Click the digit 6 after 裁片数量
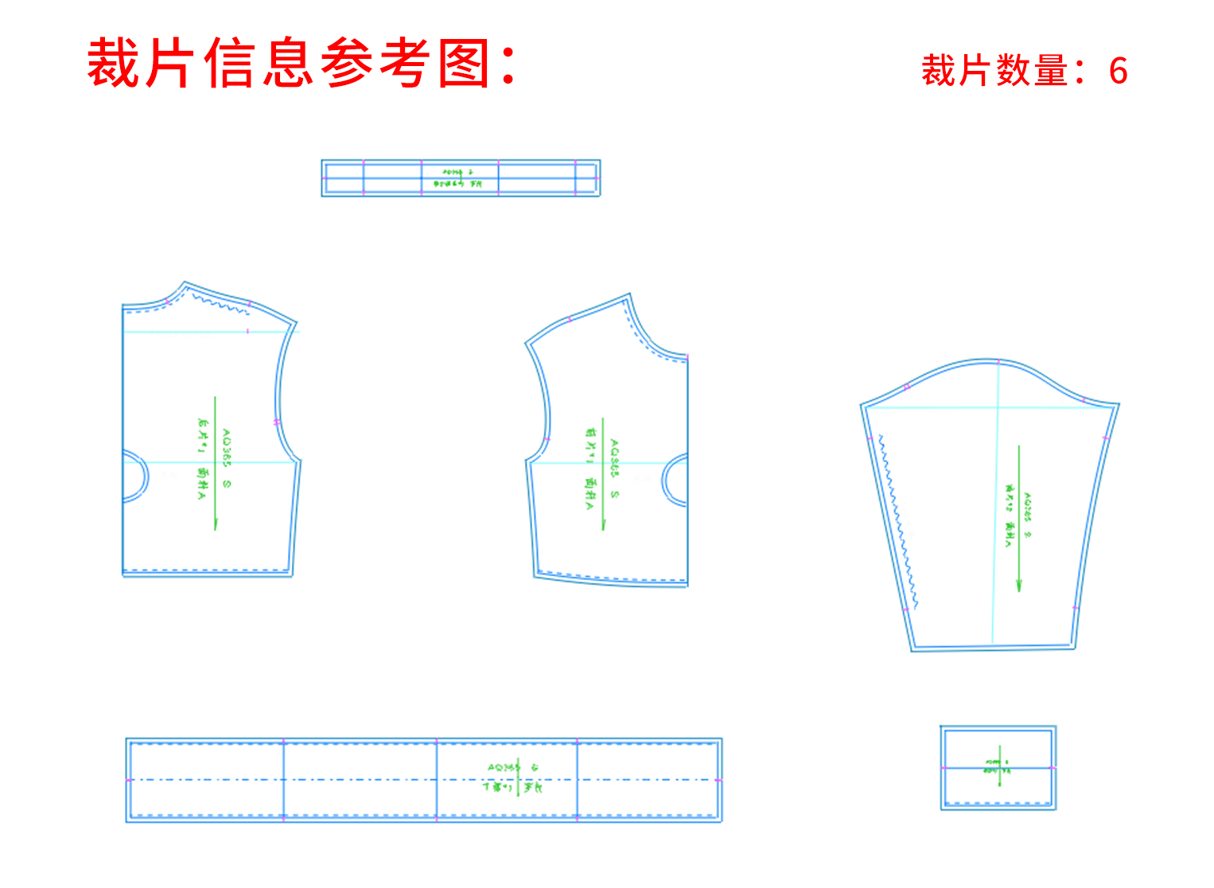[x=1118, y=72]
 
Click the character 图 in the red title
[x=464, y=64]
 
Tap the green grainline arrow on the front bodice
[x=603, y=473]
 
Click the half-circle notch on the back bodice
[x=137, y=477]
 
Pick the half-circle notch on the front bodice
[x=675, y=480]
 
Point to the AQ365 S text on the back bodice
[x=227, y=458]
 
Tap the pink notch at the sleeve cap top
[x=999, y=361]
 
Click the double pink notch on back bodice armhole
[x=277, y=422]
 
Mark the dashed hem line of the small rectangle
[x=998, y=804]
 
